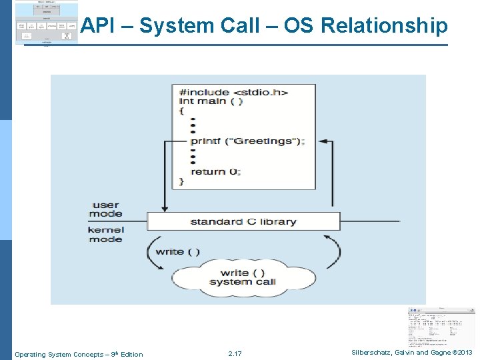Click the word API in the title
coord(98,26)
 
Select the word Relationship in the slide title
coord(385,26)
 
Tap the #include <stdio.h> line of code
coord(233,92)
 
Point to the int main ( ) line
coord(211,101)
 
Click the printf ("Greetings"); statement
coord(247,141)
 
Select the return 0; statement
coord(216,171)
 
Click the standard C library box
coord(243,221)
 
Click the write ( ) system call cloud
coord(243,277)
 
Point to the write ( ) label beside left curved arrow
coord(177,252)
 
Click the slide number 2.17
coord(235,353)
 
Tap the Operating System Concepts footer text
coord(79,354)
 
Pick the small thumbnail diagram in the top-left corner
coord(46,23)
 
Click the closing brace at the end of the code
coord(182,181)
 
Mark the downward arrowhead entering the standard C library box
coord(163,209)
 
